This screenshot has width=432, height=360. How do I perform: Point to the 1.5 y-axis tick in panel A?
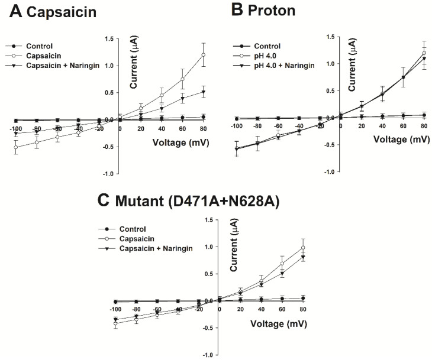pyautogui.click(x=109, y=38)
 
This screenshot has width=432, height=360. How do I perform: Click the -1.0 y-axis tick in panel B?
pyautogui.click(x=330, y=171)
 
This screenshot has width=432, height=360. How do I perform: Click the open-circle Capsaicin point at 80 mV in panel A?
pyautogui.click(x=204, y=55)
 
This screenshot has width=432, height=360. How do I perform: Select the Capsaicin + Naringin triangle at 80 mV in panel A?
pyautogui.click(x=204, y=92)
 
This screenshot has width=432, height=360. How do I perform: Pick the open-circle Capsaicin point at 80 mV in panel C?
pyautogui.click(x=304, y=248)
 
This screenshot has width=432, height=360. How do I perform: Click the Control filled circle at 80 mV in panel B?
pyautogui.click(x=424, y=115)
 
